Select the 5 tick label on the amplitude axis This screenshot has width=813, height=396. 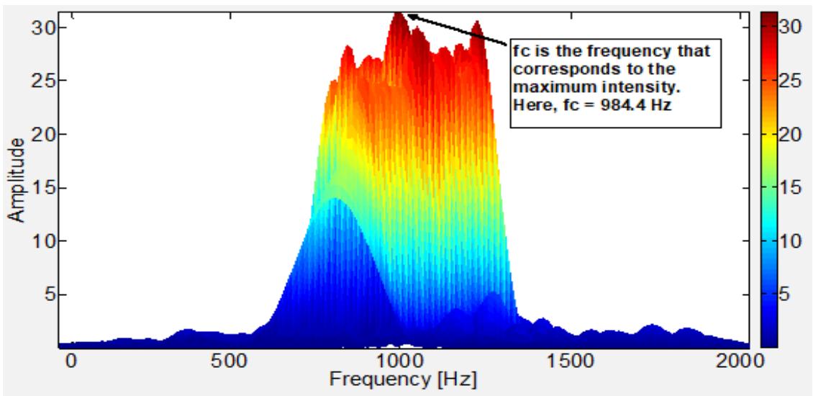click(42, 294)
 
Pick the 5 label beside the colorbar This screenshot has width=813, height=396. click(786, 294)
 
